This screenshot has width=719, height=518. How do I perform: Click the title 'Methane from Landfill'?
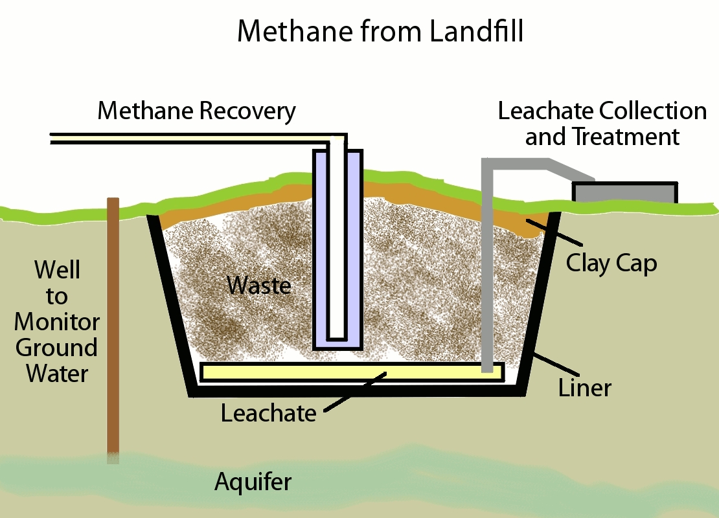click(380, 31)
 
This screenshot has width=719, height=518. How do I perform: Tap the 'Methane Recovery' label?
click(197, 111)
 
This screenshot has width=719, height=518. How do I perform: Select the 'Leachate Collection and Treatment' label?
click(602, 124)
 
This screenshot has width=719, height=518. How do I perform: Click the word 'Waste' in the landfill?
click(259, 285)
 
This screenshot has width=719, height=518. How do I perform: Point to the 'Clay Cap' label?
click(611, 264)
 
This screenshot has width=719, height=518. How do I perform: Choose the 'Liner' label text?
click(585, 387)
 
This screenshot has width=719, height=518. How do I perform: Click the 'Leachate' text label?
click(269, 413)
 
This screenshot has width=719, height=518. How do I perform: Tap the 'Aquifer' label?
click(253, 482)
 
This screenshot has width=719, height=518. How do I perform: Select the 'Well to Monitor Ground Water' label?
click(57, 321)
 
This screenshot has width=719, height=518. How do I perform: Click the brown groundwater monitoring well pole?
click(113, 330)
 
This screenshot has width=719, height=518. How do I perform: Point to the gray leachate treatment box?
click(624, 192)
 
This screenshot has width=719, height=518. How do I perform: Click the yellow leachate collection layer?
click(352, 372)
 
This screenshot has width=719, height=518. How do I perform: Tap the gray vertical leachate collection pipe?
click(488, 266)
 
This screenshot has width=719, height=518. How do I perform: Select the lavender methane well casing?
click(338, 250)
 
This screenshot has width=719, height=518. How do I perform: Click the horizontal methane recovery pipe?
click(197, 139)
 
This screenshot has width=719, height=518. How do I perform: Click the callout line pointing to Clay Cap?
click(554, 232)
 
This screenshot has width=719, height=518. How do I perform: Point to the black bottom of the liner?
click(358, 390)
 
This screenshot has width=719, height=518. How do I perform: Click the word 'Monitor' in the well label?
click(57, 322)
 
